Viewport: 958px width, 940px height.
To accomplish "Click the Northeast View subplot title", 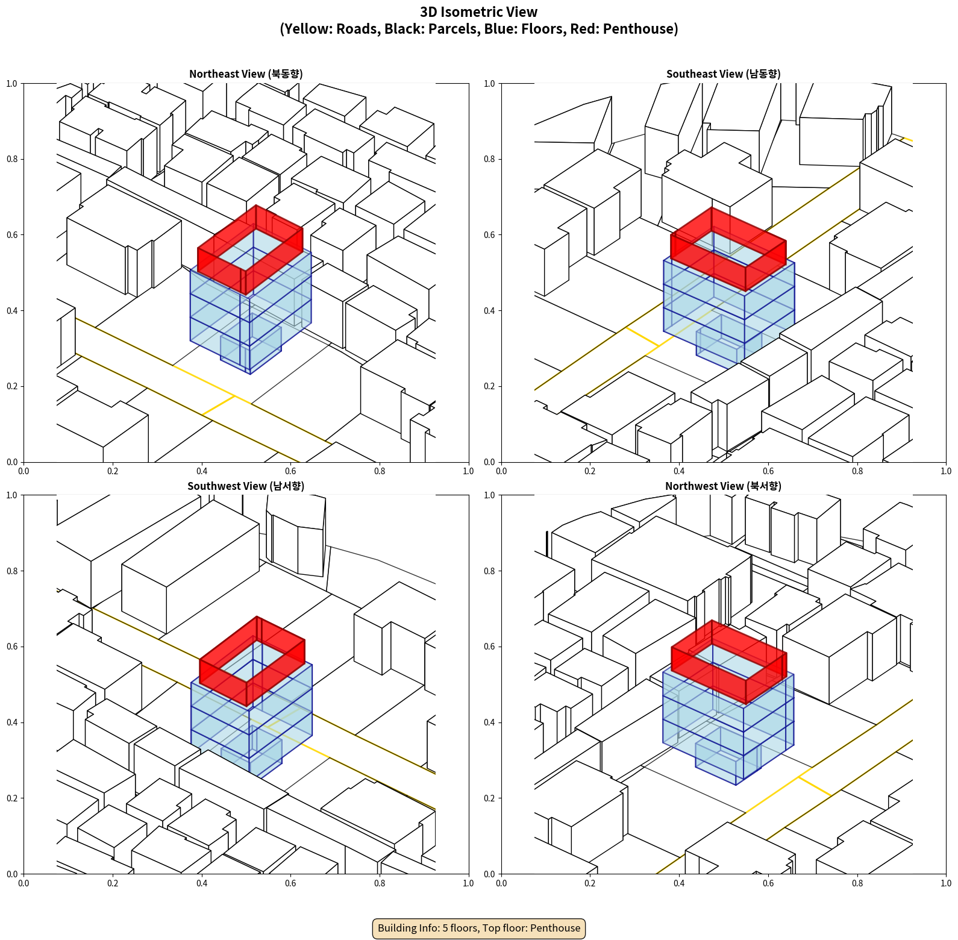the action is (246, 74).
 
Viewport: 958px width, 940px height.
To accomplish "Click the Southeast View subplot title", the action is (723, 74).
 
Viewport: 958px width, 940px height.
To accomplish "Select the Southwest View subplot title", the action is (246, 486).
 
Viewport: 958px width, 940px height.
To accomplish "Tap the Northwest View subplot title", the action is (723, 486).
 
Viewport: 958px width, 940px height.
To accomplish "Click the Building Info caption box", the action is (479, 928).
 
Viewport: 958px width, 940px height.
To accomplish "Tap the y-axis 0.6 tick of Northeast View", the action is (12, 235).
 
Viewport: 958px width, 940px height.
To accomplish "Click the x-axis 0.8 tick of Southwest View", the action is (380, 883).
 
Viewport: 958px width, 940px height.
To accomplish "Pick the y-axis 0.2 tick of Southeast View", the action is (490, 386).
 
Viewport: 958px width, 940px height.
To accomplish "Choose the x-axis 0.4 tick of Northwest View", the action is (679, 883).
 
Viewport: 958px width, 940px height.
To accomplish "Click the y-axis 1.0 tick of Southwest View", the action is (12, 495).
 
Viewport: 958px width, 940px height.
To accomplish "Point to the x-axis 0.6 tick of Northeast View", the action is (290, 471).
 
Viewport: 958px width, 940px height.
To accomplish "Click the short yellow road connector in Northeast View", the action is (219, 406).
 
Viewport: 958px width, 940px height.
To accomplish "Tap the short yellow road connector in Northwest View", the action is (815, 786).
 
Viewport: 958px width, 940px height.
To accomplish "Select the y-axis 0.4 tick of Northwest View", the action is (490, 722).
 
